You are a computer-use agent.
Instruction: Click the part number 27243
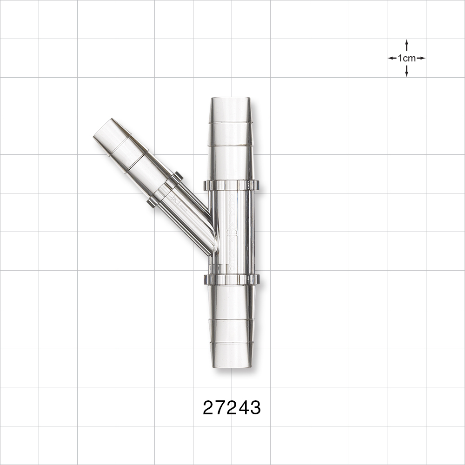[232, 408]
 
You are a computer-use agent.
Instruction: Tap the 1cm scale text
[406, 58]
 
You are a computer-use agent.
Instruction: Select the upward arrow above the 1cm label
[406, 45]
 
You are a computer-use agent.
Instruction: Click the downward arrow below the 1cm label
[406, 71]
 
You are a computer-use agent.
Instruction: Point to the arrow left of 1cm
[392, 58]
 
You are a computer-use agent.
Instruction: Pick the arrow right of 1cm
[421, 58]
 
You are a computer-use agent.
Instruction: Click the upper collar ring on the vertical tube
[231, 185]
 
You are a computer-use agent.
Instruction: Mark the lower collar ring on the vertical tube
[231, 279]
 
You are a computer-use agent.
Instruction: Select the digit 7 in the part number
[220, 408]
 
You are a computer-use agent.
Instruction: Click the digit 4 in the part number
[243, 408]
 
